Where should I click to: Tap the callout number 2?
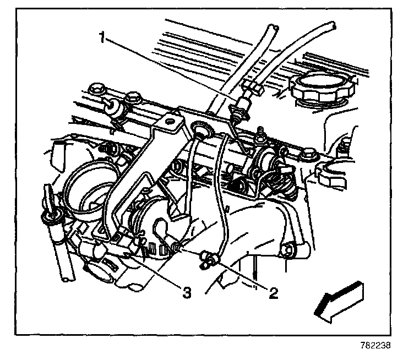point(271,291)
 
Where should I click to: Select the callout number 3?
point(187,293)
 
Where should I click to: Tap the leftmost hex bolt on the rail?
point(98,90)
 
